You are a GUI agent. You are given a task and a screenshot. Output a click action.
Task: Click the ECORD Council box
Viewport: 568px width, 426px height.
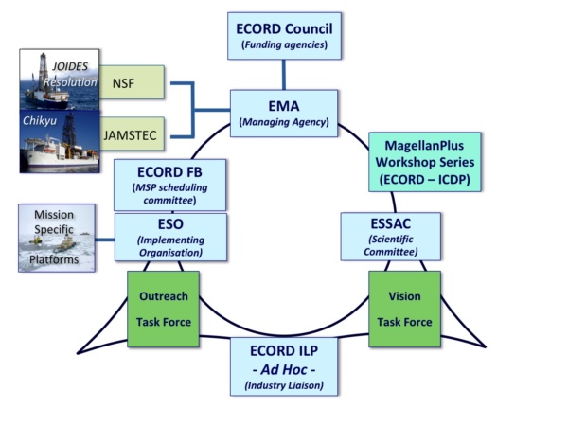282,36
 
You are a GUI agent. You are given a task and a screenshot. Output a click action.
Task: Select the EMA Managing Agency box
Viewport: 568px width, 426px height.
284,114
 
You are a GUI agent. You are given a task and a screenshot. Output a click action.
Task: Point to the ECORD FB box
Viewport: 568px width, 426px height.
170,185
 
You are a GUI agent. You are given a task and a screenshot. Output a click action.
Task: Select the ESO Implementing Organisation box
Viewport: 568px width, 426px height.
170,237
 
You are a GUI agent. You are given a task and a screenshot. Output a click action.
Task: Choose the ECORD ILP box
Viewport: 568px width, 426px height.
284,365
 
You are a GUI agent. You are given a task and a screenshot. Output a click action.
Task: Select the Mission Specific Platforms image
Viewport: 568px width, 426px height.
56,238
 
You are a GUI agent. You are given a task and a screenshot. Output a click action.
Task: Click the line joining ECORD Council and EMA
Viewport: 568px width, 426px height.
283,75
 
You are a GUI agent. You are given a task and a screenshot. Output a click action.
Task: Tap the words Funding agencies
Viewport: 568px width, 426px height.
282,44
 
